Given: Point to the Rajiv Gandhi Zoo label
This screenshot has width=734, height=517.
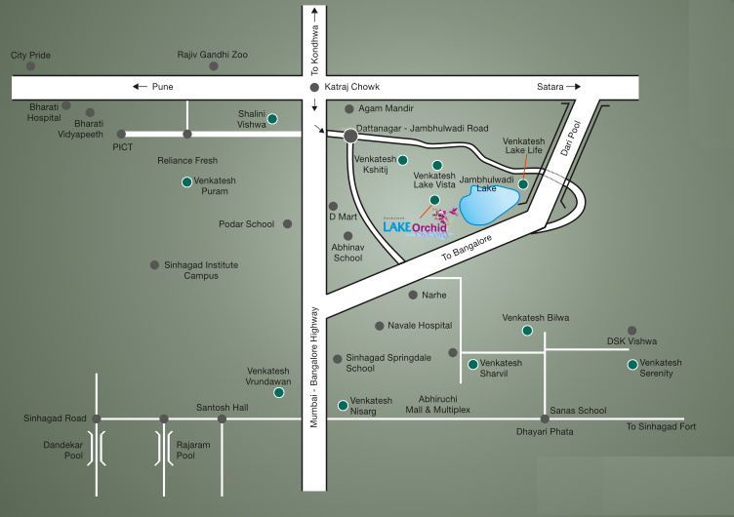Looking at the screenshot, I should [212, 56].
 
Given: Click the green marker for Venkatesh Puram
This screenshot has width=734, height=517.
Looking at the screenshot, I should [186, 181].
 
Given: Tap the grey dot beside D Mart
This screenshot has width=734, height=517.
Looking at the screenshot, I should [333, 206].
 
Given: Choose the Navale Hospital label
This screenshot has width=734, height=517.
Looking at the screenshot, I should [420, 326].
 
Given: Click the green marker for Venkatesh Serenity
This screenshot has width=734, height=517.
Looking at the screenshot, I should [632, 365].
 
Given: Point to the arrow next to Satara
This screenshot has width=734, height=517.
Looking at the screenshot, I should [579, 87].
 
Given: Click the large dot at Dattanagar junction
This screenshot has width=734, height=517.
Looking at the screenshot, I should [349, 136].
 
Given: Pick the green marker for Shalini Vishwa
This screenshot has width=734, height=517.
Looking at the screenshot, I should [273, 119].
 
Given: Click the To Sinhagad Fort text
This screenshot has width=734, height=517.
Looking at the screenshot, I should [661, 426].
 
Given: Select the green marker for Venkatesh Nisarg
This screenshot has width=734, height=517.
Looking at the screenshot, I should [343, 405].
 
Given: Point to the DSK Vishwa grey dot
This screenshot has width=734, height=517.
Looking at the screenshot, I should [632, 331].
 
